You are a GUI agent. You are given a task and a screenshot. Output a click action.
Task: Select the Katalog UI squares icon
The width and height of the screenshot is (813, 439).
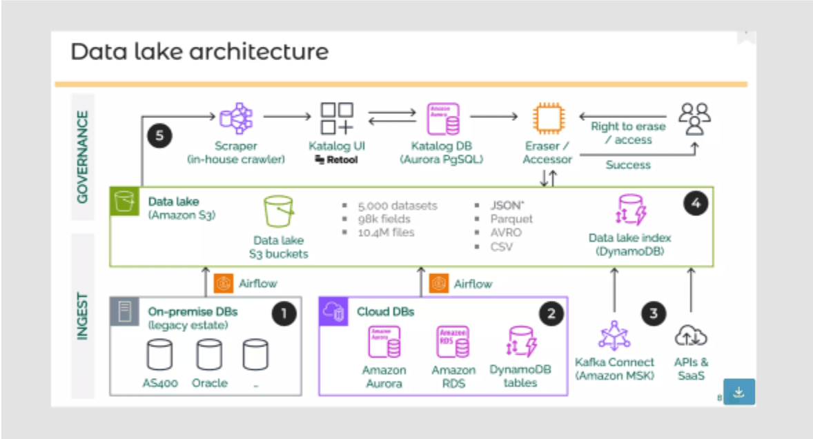tap(337, 118)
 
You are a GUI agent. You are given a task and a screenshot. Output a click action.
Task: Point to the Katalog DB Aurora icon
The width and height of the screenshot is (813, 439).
tap(443, 118)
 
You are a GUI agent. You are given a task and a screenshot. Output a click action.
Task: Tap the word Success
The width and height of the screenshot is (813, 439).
tap(628, 165)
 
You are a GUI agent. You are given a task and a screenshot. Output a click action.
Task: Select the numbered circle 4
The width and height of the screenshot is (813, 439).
tap(696, 204)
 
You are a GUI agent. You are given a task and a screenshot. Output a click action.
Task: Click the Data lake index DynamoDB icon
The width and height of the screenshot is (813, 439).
tap(629, 211)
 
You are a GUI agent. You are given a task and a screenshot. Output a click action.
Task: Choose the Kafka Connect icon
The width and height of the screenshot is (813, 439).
tap(614, 337)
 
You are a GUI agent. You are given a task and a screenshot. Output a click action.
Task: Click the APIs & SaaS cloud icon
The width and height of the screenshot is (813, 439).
tap(691, 336)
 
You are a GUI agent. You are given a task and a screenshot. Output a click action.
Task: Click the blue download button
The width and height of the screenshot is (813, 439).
tap(739, 391)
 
